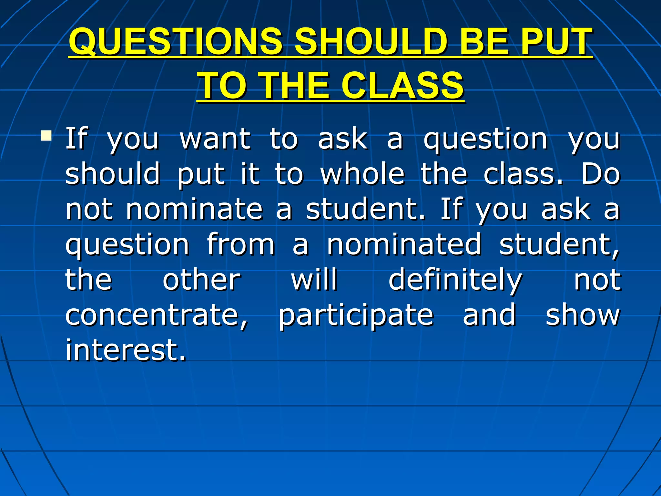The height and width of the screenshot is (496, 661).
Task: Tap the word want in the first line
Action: [215, 139]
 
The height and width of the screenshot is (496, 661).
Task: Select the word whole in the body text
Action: [362, 174]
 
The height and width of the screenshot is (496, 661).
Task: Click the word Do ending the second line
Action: [601, 174]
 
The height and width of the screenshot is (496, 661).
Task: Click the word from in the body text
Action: [241, 244]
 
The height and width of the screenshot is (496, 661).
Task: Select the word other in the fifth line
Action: [202, 280]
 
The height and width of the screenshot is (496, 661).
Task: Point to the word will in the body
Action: [314, 280]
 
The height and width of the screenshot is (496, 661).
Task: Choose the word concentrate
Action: [157, 315]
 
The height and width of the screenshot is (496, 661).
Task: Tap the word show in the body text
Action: [583, 315]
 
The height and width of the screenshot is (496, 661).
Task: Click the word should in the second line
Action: [113, 174]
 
